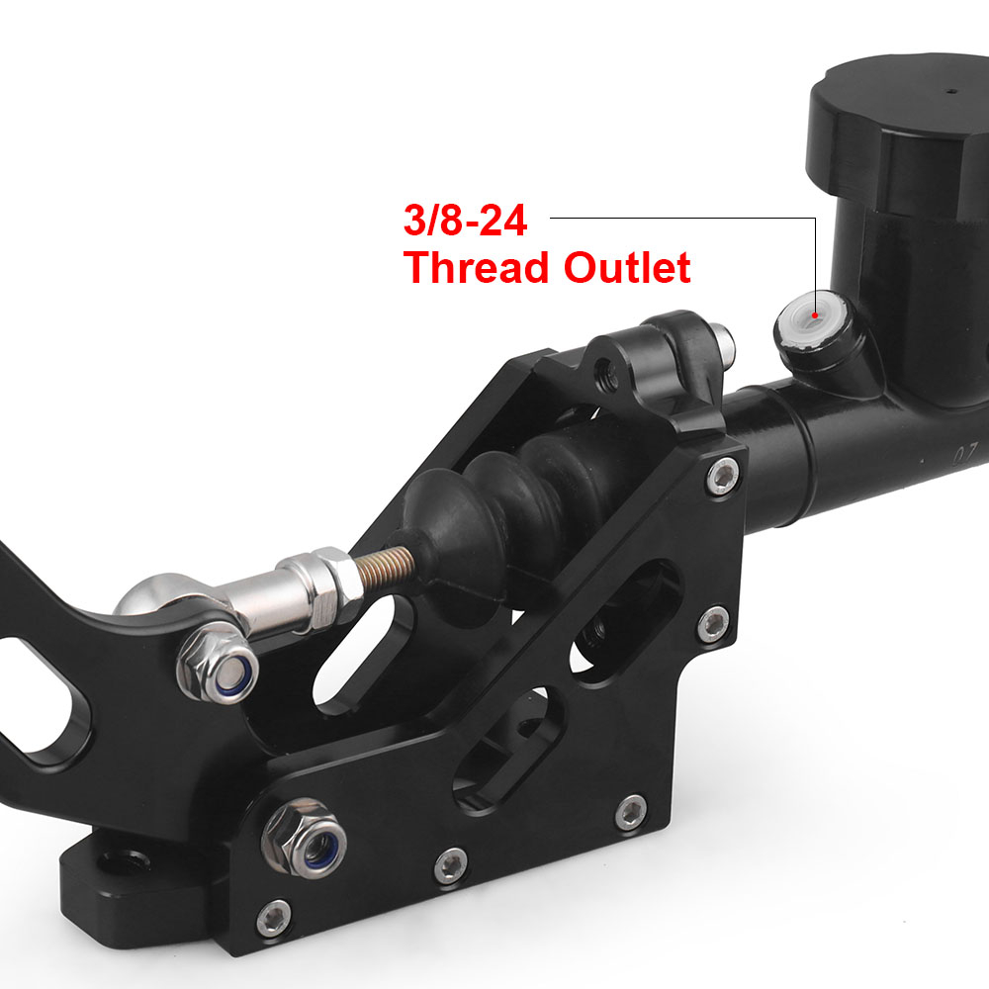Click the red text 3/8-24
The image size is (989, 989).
click(465, 221)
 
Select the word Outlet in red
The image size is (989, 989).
click(627, 267)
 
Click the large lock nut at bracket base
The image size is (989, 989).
click(304, 839)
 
